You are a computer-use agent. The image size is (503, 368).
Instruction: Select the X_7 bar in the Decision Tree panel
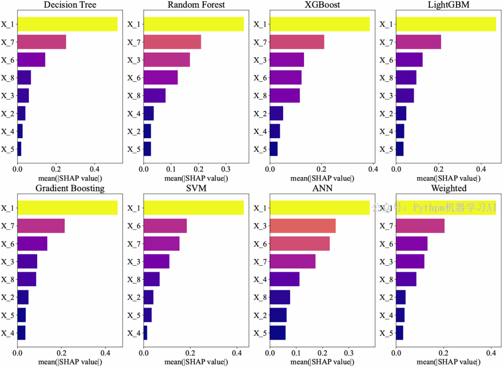tap(41, 42)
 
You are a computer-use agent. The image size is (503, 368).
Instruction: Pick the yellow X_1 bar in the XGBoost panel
tap(319, 24)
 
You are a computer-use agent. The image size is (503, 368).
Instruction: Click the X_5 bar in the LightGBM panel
tap(400, 149)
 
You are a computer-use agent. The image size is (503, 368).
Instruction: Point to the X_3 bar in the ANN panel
tap(302, 226)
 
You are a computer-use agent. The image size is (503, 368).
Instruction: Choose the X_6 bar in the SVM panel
tap(165, 226)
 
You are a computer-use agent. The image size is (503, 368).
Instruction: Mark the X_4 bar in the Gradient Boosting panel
tap(21, 333)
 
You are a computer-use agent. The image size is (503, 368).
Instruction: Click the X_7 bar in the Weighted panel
tap(420, 226)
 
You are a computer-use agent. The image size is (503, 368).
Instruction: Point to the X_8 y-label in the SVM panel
tap(134, 279)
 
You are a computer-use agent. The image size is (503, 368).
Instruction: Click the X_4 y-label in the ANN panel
tap(260, 279)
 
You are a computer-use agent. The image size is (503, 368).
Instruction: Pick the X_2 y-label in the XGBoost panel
tap(260, 114)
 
